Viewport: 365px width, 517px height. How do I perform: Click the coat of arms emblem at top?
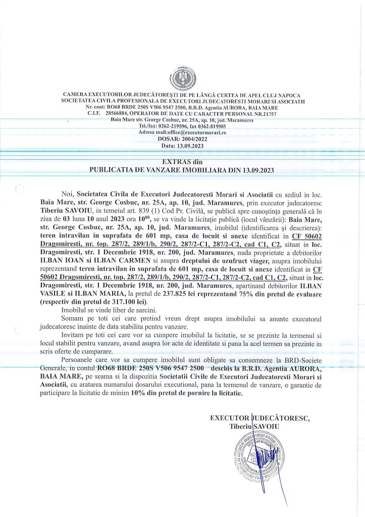(x=182, y=77)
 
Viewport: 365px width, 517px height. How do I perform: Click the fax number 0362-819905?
(x=210, y=126)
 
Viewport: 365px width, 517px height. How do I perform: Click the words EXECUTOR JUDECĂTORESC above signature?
(x=259, y=418)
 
